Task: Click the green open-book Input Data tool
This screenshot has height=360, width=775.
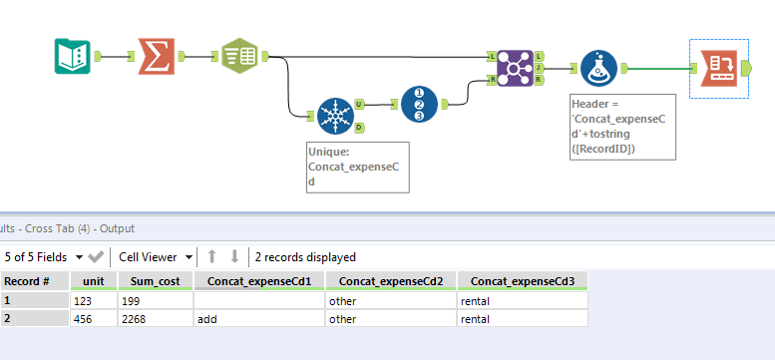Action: [72, 57]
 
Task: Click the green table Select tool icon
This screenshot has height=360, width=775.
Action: [238, 57]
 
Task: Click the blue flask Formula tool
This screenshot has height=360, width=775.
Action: [599, 67]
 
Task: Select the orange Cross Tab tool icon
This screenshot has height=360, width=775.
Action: [718, 67]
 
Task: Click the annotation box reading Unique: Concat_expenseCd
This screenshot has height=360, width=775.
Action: [358, 167]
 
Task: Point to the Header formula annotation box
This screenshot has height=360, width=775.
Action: [623, 126]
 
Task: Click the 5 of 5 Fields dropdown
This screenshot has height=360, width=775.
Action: [44, 256]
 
